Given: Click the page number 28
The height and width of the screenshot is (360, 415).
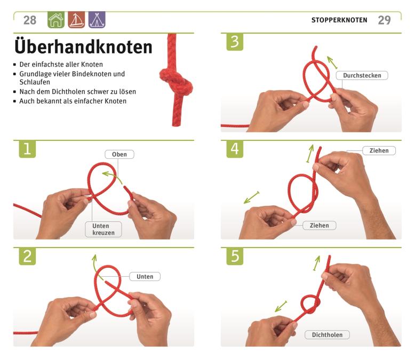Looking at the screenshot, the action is (30, 20).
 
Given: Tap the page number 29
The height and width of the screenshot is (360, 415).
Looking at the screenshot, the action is (384, 20).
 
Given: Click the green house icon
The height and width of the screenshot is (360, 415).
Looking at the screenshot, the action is (56, 20).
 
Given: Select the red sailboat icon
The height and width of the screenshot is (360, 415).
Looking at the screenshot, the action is (76, 20).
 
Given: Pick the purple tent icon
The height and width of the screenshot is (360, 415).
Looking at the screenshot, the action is (97, 20).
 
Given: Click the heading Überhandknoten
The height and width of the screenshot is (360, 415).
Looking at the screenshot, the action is (83, 47).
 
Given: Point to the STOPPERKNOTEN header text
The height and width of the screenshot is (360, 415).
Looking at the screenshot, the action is (339, 20).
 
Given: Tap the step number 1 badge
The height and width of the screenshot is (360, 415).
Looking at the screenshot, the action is (27, 149).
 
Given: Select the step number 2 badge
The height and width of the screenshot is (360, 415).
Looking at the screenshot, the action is (27, 256).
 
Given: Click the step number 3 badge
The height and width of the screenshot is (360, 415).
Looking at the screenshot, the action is (235, 42).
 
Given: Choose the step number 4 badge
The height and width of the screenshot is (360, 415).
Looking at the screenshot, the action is (235, 149).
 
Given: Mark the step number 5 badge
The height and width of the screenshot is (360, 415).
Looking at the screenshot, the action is (235, 256).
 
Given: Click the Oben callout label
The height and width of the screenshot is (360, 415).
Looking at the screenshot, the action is (119, 154).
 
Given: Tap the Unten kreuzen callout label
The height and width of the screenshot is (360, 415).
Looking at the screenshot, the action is (103, 229).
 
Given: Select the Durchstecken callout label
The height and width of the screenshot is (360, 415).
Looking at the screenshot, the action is (362, 75).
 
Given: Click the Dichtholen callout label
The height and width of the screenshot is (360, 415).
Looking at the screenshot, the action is (327, 335).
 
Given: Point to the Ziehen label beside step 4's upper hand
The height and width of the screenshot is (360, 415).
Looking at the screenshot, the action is (379, 150).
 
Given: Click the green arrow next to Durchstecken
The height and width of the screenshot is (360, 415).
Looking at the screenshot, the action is (332, 62).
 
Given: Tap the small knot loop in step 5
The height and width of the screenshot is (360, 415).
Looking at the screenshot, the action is (311, 305).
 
